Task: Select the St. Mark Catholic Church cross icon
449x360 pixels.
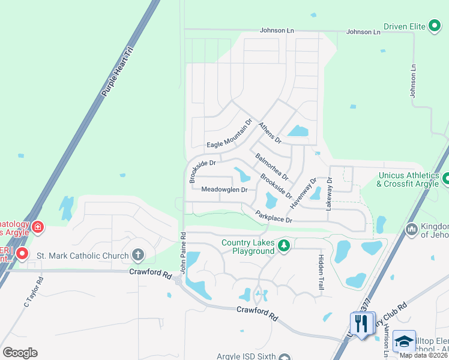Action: pos(138,256)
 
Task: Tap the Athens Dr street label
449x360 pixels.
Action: pos(270,133)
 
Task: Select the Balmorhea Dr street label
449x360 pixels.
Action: pos(272,167)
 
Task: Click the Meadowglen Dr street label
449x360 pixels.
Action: pos(224,190)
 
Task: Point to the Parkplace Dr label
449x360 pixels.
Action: pos(273,216)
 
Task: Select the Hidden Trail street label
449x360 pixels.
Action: pos(320,273)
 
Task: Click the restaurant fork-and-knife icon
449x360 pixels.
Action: pos(361,324)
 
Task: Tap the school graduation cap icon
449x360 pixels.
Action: pos(404,341)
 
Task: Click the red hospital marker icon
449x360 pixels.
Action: pos(38,227)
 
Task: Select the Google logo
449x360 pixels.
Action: pos(20,353)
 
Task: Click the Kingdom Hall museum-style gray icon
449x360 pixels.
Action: pos(412,229)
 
